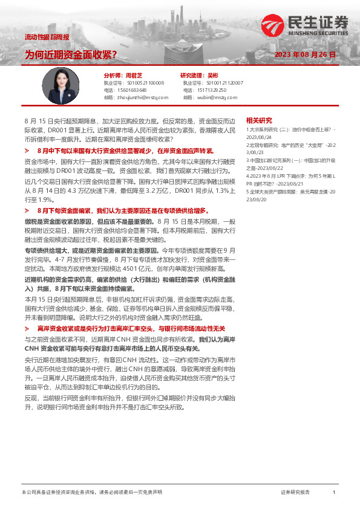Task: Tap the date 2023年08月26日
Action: (x=305, y=55)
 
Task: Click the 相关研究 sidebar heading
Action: (x=259, y=120)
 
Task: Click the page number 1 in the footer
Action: (x=334, y=493)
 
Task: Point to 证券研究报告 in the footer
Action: (x=295, y=493)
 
